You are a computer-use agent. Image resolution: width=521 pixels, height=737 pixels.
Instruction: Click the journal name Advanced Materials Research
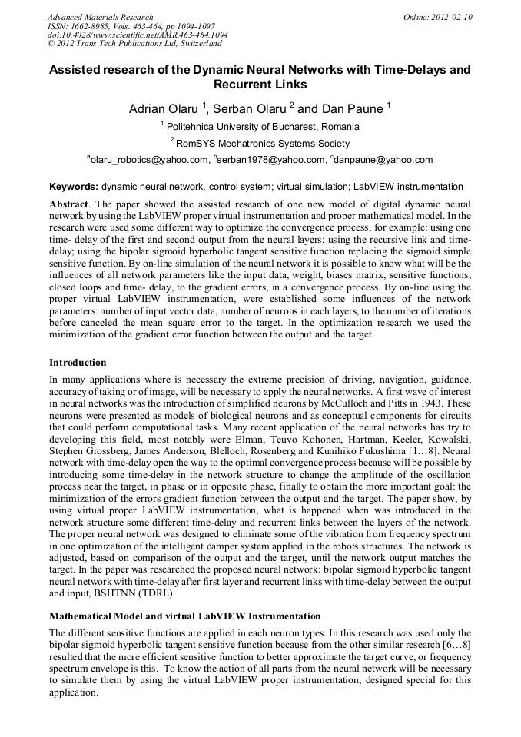pyautogui.click(x=100, y=17)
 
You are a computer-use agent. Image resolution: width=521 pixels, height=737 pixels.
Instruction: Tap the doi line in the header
pyautogui.click(x=138, y=35)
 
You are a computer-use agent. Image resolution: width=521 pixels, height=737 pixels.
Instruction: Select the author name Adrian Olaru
pyautogui.click(x=163, y=109)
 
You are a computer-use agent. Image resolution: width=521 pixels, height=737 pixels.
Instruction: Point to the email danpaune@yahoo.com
pyautogui.click(x=384, y=161)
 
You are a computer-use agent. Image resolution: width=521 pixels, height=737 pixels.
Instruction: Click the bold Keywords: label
pyautogui.click(x=74, y=187)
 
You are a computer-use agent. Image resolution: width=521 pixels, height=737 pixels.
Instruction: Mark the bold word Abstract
pyautogui.click(x=68, y=205)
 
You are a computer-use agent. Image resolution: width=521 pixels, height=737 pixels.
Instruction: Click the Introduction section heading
pyautogui.click(x=78, y=362)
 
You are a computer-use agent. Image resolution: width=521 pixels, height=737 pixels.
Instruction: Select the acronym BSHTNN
pyautogui.click(x=114, y=594)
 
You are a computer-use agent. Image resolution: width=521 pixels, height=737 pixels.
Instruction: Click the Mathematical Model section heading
pyautogui.click(x=184, y=616)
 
